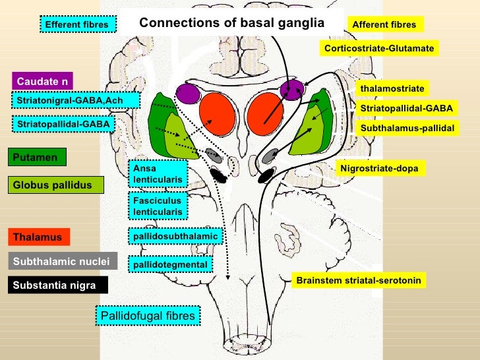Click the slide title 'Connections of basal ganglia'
[x=232, y=23]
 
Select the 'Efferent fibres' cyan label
[x=76, y=25]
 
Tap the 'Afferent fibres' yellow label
[x=384, y=25]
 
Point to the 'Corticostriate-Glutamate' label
[x=379, y=49]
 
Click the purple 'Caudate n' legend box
[x=42, y=81]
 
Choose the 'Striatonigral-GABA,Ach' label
[x=76, y=100]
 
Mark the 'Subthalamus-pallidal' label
[x=407, y=127]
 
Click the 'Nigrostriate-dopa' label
[x=379, y=168]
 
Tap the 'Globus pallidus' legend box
[x=57, y=185]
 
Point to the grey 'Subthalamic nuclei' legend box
[x=63, y=261]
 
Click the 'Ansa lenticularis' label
[x=158, y=173]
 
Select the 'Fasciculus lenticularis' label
[x=158, y=206]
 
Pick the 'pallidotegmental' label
[x=170, y=264]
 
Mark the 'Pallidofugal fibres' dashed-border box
[x=148, y=316]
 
